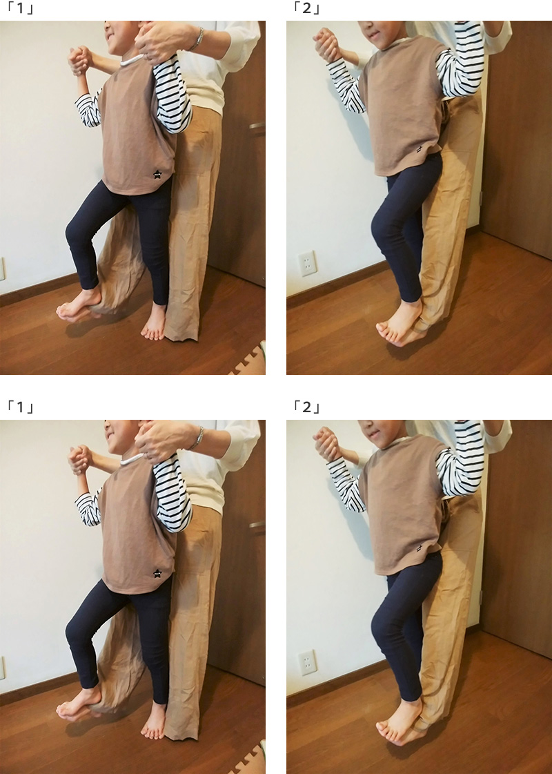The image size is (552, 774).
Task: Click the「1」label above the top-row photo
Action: click(x=21, y=8)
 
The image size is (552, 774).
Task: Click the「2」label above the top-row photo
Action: click(x=307, y=8)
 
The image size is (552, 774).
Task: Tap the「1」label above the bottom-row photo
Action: click(x=21, y=407)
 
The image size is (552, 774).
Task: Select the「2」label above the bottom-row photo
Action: click(x=307, y=407)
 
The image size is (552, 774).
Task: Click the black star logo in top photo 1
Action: click(x=157, y=174)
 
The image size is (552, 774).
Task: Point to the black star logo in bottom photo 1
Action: click(x=157, y=573)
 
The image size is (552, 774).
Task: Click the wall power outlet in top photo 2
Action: click(x=308, y=263)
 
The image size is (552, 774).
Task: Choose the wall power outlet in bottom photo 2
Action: click(x=308, y=662)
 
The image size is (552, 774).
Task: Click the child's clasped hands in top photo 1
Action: click(x=80, y=60)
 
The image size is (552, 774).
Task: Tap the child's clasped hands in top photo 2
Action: click(x=326, y=44)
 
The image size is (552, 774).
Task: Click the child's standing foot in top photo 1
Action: click(x=154, y=323)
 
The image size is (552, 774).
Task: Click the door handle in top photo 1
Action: click(x=257, y=128)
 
